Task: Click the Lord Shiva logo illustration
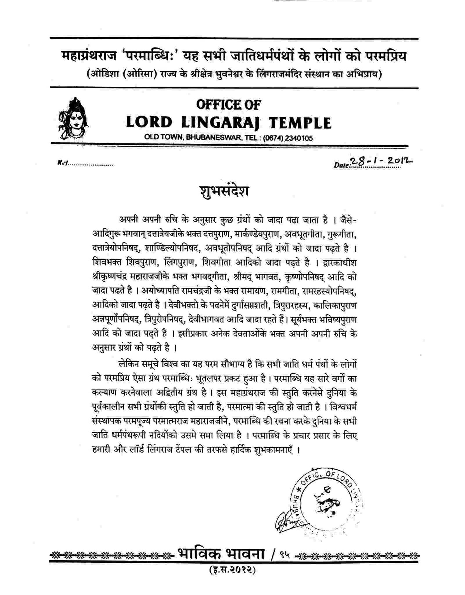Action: tap(74, 119)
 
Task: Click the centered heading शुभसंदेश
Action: tap(224, 192)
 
